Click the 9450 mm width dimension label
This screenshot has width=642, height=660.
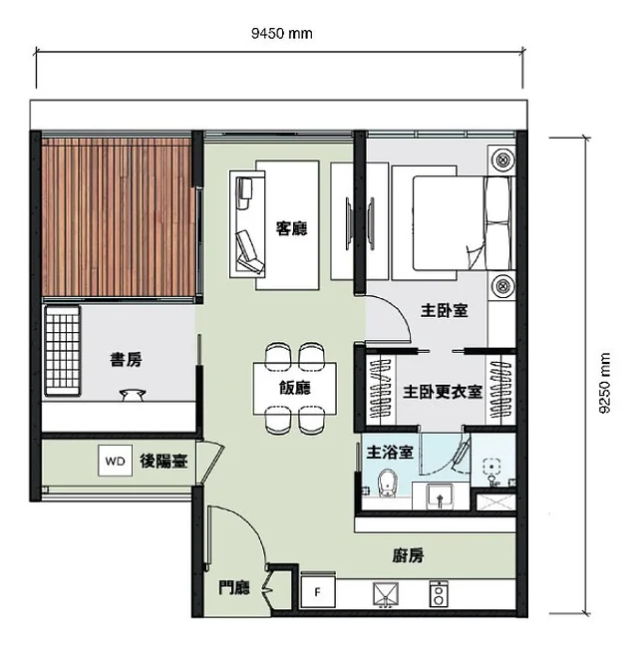coord(282,33)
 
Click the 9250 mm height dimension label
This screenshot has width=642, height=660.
coord(604,383)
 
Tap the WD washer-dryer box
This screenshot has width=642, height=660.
coord(115,461)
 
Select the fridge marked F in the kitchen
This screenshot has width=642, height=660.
coord(318,592)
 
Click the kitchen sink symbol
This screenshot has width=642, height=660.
coord(386,594)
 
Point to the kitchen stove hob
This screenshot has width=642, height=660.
coord(439,594)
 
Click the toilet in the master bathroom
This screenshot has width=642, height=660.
coord(388,484)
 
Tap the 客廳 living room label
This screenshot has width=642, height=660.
coord(291,228)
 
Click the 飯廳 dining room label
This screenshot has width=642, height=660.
coord(295,387)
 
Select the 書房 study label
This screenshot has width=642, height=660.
coord(126,360)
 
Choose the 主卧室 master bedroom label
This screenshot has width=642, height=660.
coord(445,311)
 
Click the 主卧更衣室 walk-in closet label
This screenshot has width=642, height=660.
coord(443,392)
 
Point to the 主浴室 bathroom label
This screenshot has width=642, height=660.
coord(390,452)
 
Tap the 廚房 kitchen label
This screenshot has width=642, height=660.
coord(408,555)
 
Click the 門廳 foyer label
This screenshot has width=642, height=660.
coord(234,587)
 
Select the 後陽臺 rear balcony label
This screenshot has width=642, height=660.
coord(163,461)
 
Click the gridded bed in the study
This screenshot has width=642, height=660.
coord(62,351)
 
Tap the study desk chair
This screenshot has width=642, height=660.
coord(133,395)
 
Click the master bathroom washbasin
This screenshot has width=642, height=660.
coord(440,496)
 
